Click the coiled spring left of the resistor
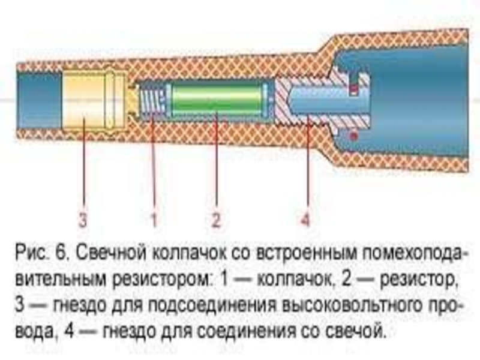tap(152, 99)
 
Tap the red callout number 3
tap(82, 220)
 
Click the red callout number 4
tap(305, 220)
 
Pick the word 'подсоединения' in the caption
tap(226, 305)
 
